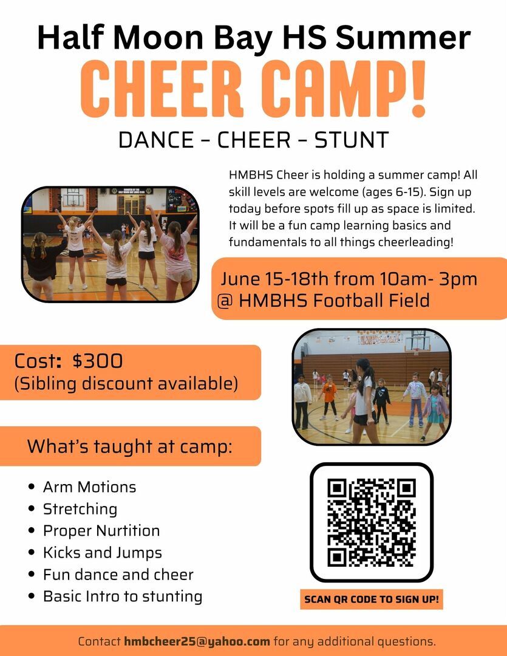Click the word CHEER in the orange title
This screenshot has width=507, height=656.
162,89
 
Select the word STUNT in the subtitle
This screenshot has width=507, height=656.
352,140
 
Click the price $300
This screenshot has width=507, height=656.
98,361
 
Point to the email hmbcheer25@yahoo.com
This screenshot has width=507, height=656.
197,641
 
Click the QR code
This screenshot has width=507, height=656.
372,522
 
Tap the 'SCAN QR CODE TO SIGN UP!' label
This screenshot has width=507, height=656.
372,599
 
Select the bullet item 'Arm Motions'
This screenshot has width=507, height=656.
89,487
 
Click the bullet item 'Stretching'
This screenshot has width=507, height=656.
80,509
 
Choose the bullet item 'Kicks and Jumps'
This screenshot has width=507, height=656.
103,553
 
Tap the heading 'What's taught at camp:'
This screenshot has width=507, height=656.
130,446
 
